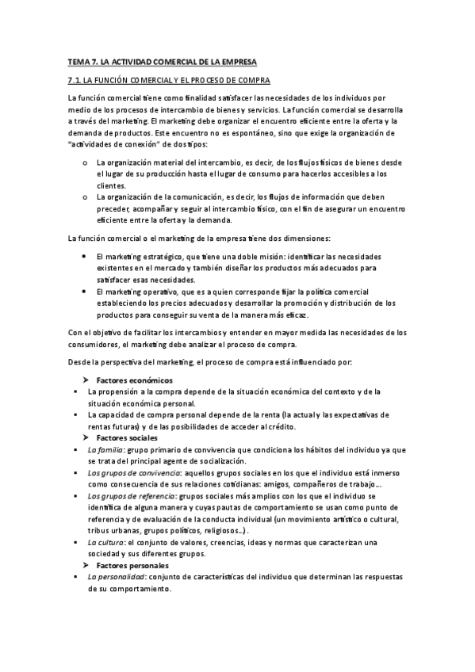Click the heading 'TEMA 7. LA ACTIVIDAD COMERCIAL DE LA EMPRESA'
(x=163, y=61)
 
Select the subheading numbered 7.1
(x=168, y=81)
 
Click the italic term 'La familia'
(x=105, y=449)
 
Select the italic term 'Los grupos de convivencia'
(x=131, y=472)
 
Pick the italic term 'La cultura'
(x=105, y=542)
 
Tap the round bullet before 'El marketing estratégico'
(x=85, y=257)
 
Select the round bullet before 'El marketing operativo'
(x=85, y=292)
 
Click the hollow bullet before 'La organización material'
(x=85, y=162)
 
